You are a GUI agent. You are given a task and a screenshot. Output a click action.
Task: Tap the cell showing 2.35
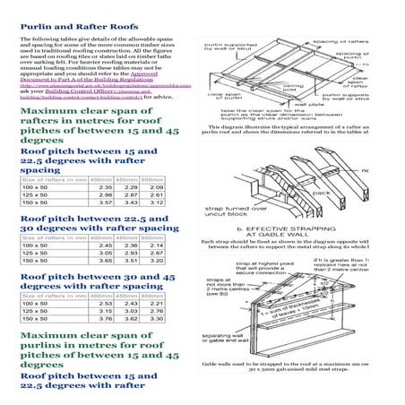pyautogui.click(x=105, y=188)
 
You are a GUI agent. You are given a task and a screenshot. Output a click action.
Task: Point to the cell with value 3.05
pyautogui.click(x=105, y=254)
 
